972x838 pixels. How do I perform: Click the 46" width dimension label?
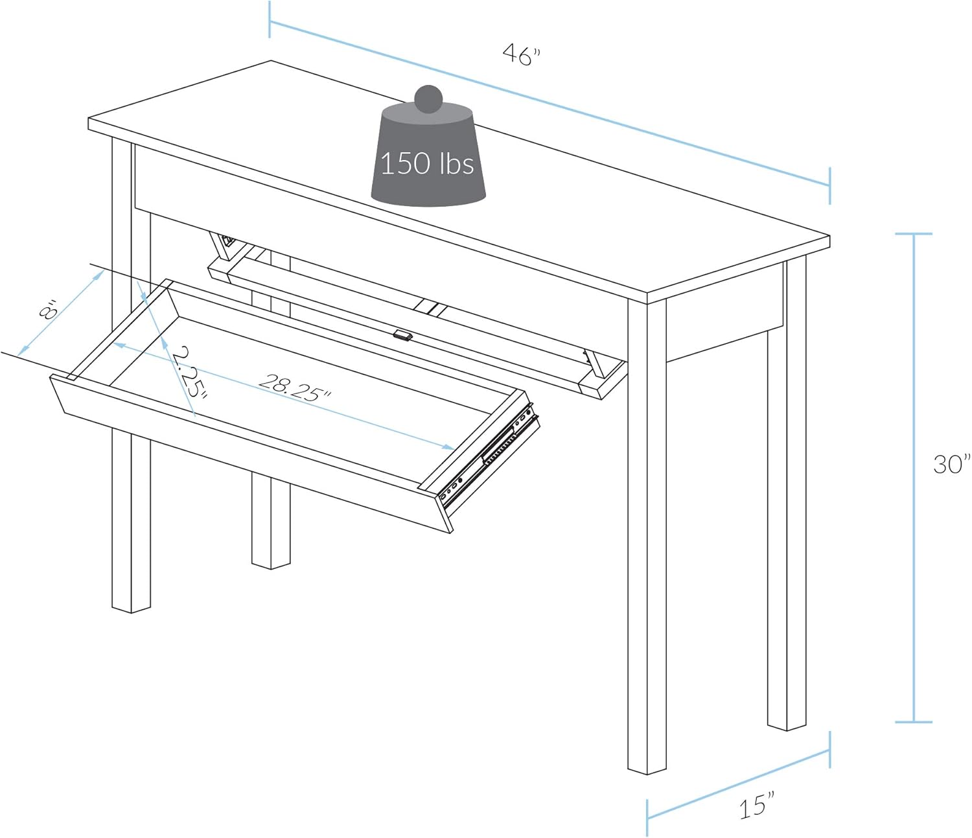pyautogui.click(x=521, y=54)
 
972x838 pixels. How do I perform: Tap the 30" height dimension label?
pyautogui.click(x=951, y=464)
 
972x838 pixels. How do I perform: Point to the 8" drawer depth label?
pyautogui.click(x=49, y=310)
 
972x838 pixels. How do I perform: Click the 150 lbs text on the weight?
pyautogui.click(x=427, y=163)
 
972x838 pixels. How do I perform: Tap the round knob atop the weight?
pyautogui.click(x=428, y=99)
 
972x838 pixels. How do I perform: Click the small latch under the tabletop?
pyautogui.click(x=402, y=335)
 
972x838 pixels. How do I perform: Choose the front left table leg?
pyautogui.click(x=130, y=518)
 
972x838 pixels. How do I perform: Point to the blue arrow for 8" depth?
pyautogui.click(x=62, y=314)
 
